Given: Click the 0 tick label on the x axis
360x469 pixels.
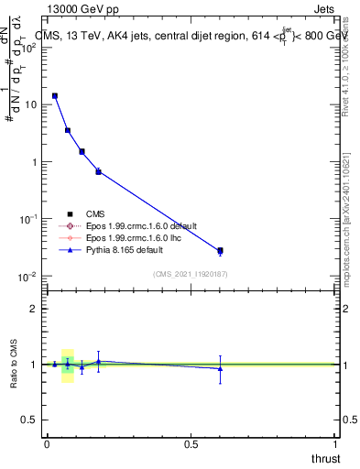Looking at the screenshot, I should tap(47, 443).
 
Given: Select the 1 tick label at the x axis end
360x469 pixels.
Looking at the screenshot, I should tap(335, 443).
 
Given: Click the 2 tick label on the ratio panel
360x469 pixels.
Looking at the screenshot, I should tap(33, 309).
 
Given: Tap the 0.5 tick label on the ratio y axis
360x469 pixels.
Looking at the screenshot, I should tap(29, 420).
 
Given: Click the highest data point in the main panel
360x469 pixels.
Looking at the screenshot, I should tap(54, 95).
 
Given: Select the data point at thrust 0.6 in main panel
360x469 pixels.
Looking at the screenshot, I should tap(220, 250).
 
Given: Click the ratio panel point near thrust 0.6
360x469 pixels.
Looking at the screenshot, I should tap(220, 368).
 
